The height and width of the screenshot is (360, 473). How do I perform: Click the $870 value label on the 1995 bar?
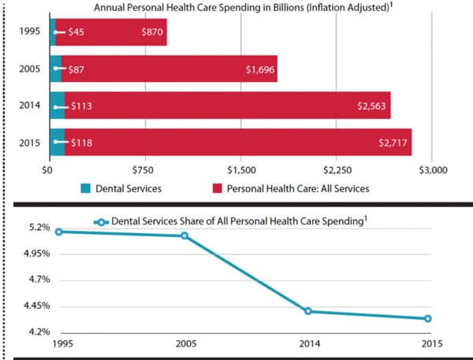pos(152,34)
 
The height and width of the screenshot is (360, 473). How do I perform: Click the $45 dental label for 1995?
pos(76,34)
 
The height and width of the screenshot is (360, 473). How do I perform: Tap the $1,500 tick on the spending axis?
pos(240,169)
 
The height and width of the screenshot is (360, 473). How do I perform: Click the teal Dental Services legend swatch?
pos(86,189)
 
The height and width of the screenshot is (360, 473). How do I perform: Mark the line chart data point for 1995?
pos(58,232)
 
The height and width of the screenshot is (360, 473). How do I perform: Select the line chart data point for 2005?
pos(184,236)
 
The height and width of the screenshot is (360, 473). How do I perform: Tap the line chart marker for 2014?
pos(308,311)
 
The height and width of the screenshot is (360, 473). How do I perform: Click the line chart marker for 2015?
pos(428,319)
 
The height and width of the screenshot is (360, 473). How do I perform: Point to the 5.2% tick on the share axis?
pos(40,228)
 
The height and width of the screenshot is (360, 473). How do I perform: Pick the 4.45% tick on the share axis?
pos(37,306)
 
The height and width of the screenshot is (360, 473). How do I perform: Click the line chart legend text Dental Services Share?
pos(236,222)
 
